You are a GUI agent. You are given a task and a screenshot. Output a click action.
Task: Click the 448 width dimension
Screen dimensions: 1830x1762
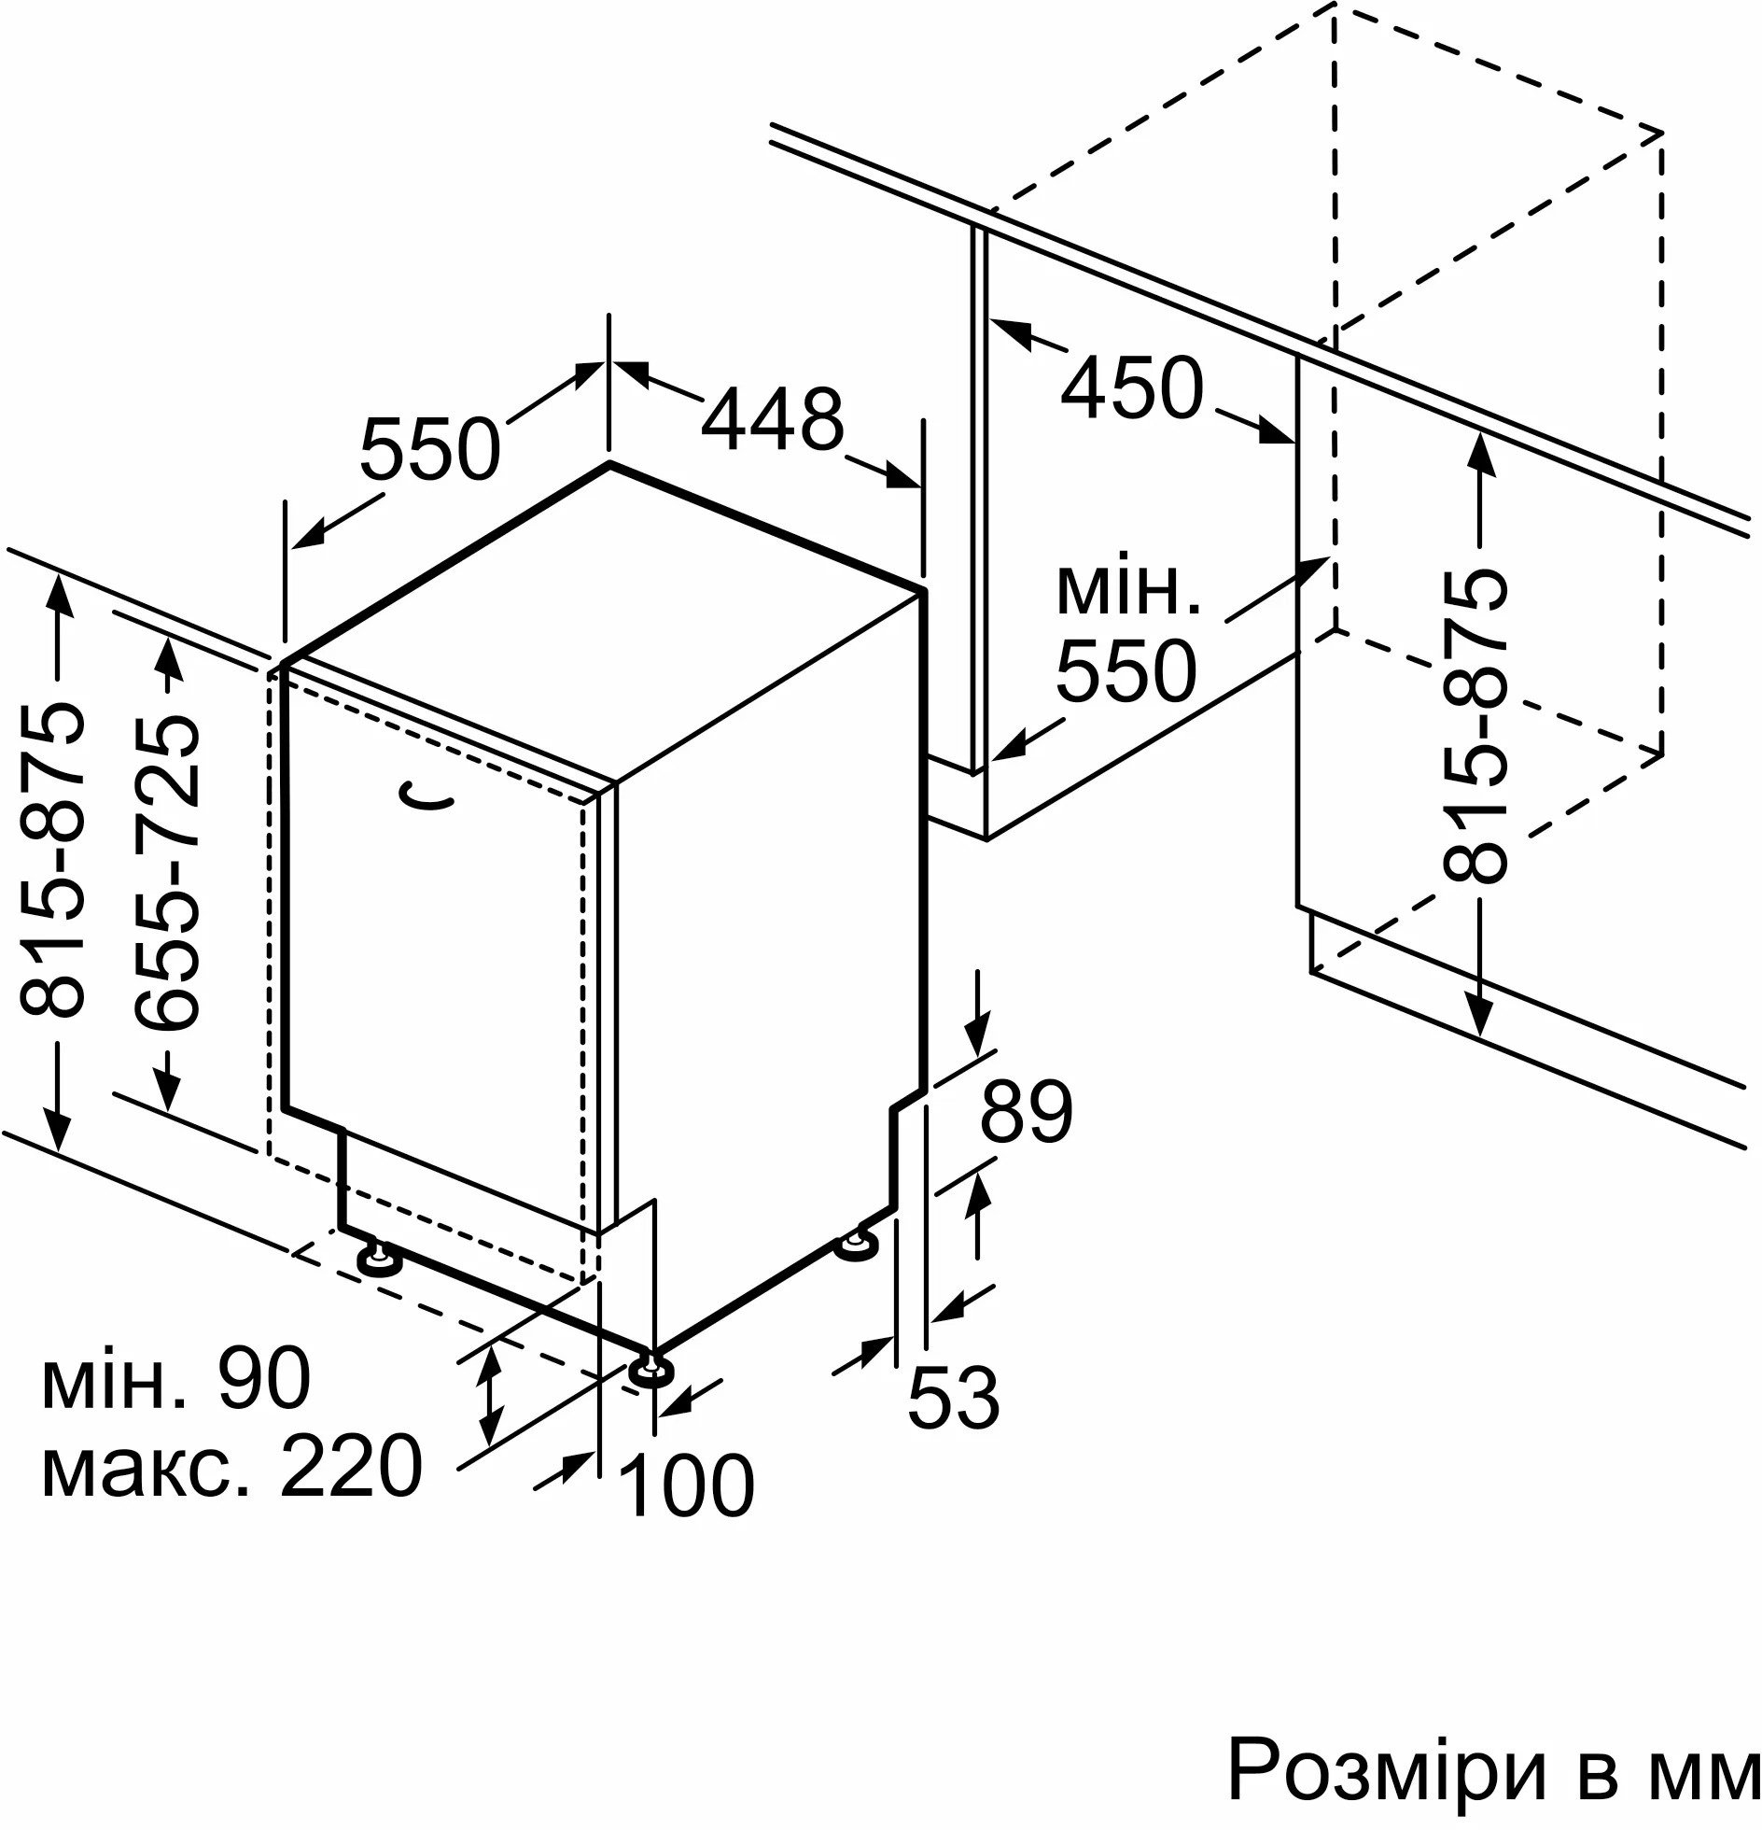coord(772,420)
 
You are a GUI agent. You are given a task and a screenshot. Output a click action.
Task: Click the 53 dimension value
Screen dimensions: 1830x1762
coord(954,1424)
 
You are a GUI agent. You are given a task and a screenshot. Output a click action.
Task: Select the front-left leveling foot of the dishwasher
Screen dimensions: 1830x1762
coord(379,1259)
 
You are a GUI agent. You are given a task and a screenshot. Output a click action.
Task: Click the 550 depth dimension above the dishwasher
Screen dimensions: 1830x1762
coord(429,449)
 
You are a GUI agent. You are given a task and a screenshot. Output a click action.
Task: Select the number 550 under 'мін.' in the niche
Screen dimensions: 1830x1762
coord(1126,670)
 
